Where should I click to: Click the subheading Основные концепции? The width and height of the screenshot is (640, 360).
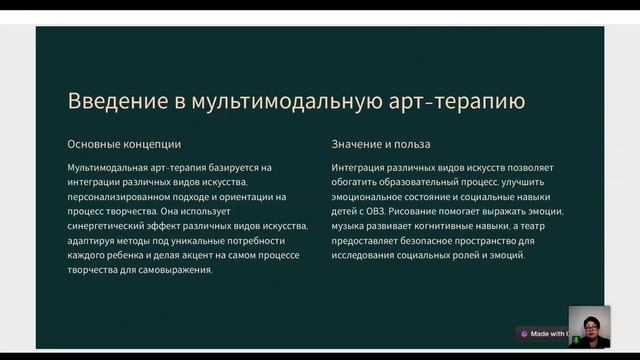point(124,144)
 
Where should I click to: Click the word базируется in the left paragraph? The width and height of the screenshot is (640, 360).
point(235,167)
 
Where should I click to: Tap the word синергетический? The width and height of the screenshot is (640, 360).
point(114,226)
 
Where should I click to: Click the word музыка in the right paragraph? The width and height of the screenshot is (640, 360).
point(353,226)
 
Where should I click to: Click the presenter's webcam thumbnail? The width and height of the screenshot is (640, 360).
point(589,326)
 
